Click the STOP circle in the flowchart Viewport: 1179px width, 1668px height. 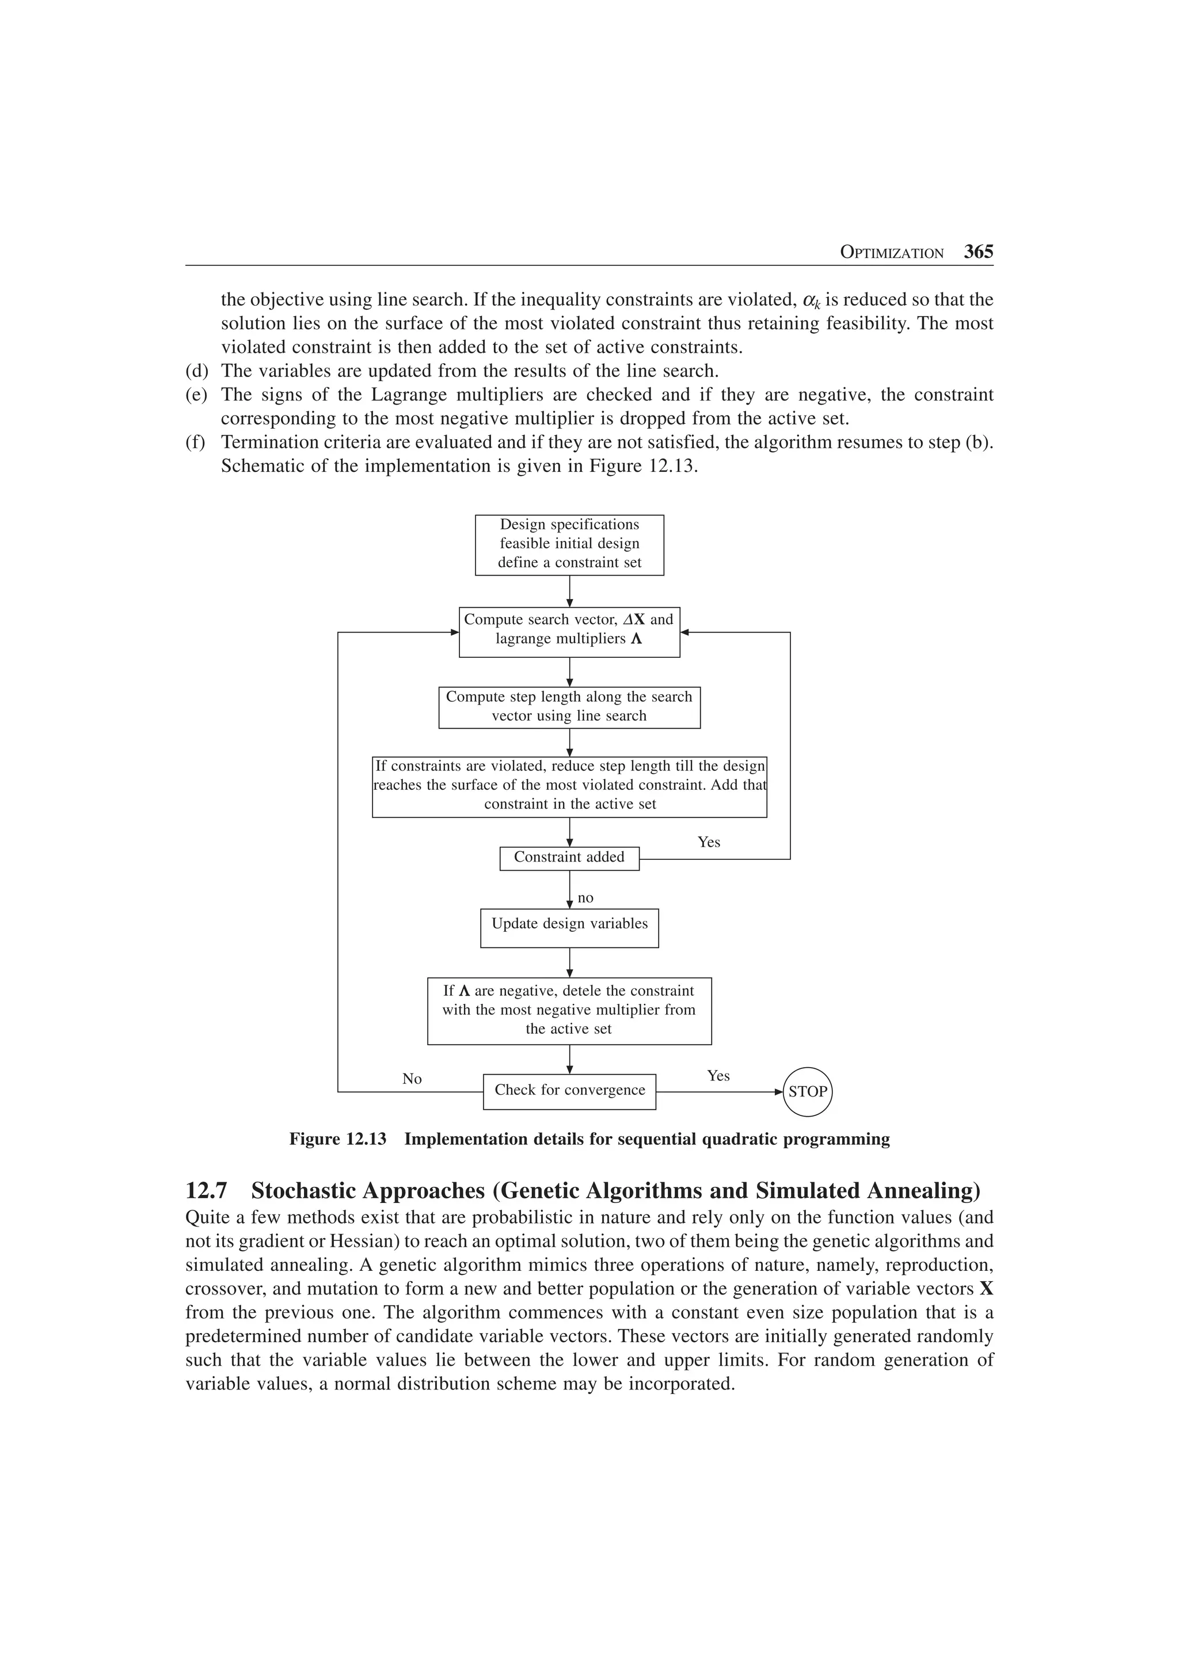click(807, 1091)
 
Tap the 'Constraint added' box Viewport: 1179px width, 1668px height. click(569, 858)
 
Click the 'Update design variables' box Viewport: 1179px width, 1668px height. click(569, 927)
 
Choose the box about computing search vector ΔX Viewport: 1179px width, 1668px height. click(569, 631)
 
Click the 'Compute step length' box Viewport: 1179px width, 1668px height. click(569, 706)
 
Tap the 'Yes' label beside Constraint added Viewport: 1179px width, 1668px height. click(709, 842)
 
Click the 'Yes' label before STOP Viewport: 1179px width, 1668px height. click(718, 1076)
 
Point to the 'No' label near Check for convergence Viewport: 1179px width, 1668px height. click(412, 1079)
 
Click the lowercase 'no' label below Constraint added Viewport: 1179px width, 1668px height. click(585, 898)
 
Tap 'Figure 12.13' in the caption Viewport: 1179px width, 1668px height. click(338, 1139)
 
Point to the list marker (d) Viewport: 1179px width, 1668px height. click(196, 371)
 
